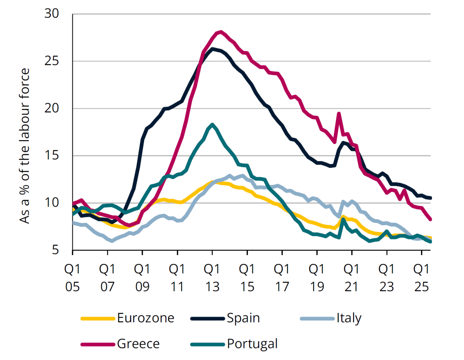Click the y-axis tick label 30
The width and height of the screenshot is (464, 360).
(51, 14)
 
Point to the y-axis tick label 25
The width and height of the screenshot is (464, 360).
(51, 61)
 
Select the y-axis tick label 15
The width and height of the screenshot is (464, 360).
(51, 156)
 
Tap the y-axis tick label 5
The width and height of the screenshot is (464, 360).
(55, 250)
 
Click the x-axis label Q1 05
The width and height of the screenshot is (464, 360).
(72, 278)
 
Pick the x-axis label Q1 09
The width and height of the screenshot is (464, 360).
(142, 278)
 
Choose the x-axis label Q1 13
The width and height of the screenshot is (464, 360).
(212, 278)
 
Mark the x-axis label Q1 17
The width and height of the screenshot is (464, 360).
(282, 278)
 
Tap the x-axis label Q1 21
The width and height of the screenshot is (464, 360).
(352, 278)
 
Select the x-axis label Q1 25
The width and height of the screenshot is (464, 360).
(422, 278)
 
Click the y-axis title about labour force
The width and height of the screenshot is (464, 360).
(25, 146)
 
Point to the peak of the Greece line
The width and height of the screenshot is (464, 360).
(221, 32)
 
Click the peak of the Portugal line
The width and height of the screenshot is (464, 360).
(212, 124)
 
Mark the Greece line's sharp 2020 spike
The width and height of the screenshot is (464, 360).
(339, 114)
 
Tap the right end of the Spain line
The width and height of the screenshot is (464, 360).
(430, 198)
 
